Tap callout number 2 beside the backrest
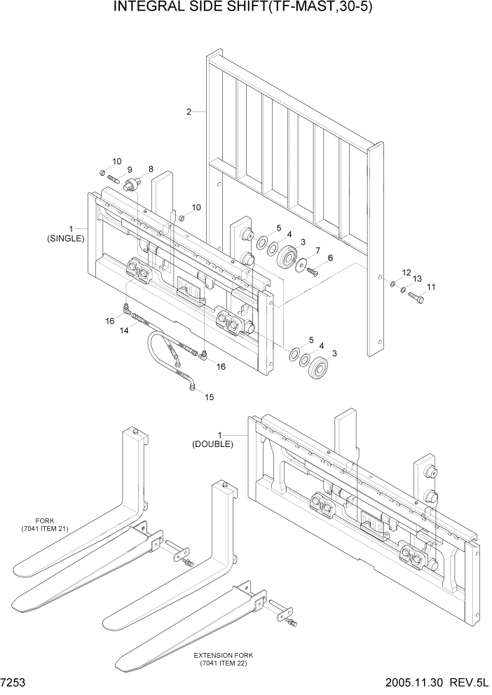pos(189,112)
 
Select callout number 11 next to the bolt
pos(430,287)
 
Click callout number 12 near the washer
pos(406,272)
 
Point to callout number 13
pos(417,279)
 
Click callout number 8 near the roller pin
pos(149,170)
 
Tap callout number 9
pos(130,170)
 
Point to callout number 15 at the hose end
pos(209,397)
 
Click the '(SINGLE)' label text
pos(66,238)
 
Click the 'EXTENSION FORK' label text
pos(224,655)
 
